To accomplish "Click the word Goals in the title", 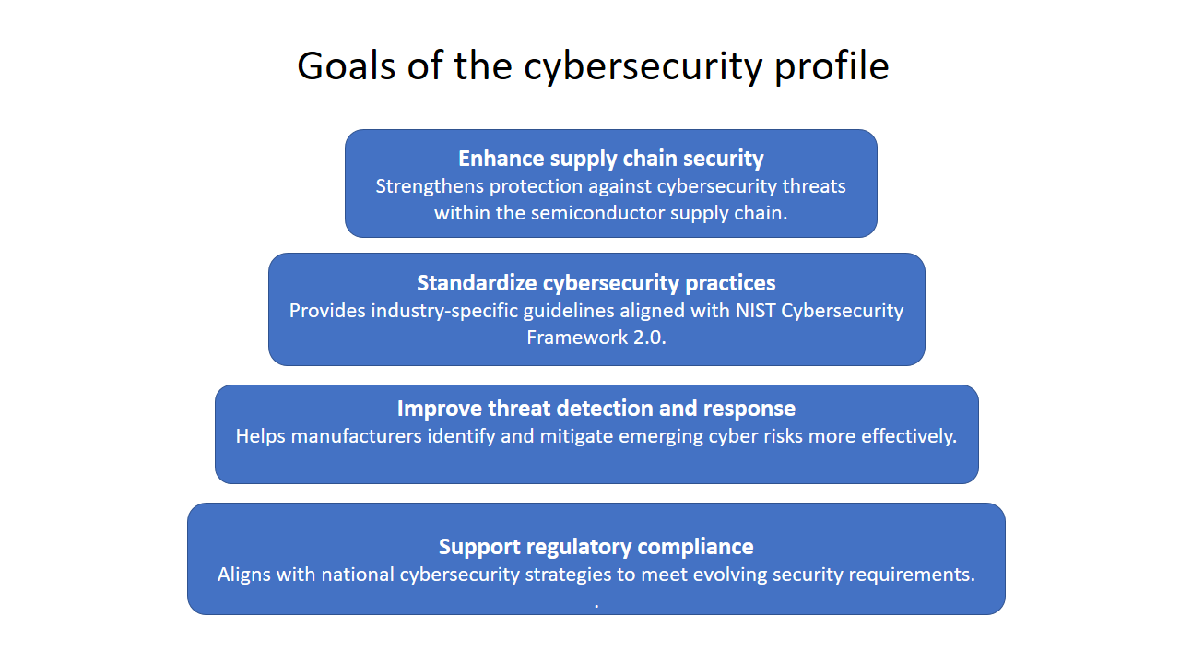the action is click(x=346, y=66).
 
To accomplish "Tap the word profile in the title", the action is click(x=832, y=67).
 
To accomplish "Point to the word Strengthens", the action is click(x=430, y=186).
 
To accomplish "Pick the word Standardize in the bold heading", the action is click(x=477, y=283).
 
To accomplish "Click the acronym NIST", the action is click(x=755, y=311).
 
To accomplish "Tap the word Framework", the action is click(x=577, y=338).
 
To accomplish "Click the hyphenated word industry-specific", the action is click(x=444, y=311).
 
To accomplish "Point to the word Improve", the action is click(x=440, y=409).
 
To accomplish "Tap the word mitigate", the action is click(x=576, y=437).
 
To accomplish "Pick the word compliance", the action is click(x=695, y=548).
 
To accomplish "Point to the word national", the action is click(x=358, y=575).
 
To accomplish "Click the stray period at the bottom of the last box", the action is click(x=596, y=607).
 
